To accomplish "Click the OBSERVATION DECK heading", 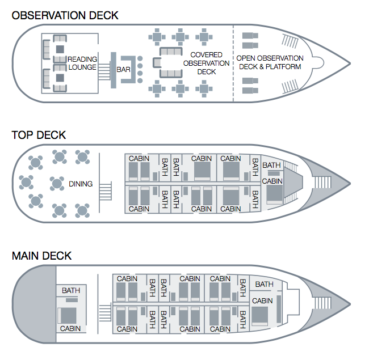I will pyautogui.click(x=65, y=15).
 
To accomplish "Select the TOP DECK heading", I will pyautogui.click(x=39, y=135).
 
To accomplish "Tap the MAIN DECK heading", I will pyautogui.click(x=41, y=256).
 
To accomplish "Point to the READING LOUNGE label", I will pyautogui.click(x=82, y=63).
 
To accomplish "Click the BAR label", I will pyautogui.click(x=123, y=69).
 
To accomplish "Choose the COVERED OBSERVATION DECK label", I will pyautogui.click(x=206, y=63).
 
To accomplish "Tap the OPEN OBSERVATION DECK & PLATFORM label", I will pyautogui.click(x=270, y=62).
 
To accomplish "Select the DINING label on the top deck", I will pyautogui.click(x=81, y=184).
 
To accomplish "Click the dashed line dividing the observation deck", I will pyautogui.click(x=233, y=62).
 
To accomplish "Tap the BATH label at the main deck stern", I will pyautogui.click(x=71, y=290).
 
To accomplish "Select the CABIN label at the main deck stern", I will pyautogui.click(x=70, y=328).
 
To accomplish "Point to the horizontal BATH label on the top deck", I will pyautogui.click(x=271, y=166).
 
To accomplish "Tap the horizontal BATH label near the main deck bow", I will pyautogui.click(x=264, y=284).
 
